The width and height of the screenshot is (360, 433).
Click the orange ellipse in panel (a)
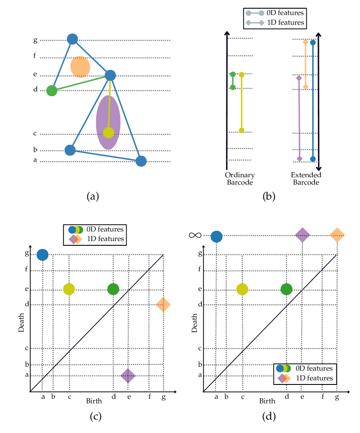[80, 67]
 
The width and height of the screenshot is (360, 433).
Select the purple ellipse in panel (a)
[108, 122]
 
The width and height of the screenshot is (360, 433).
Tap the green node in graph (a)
[52, 91]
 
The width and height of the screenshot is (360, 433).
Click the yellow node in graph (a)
[108, 133]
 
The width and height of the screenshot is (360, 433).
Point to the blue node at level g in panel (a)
[72, 39]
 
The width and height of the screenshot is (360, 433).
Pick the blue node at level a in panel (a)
[141, 161]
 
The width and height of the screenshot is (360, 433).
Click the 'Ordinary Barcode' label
[240, 179]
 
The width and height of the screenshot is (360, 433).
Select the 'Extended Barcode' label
[306, 179]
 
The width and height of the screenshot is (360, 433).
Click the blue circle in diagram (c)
[42, 255]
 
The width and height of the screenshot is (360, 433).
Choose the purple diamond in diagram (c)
[127, 375]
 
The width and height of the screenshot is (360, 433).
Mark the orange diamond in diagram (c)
[163, 305]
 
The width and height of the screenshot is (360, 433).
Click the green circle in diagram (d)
[286, 289]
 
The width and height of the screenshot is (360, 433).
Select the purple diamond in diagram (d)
[302, 235]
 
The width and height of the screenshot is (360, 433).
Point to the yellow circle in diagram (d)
[242, 289]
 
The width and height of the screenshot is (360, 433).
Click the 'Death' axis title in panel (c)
[21, 322]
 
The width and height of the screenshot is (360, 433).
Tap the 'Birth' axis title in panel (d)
[267, 401]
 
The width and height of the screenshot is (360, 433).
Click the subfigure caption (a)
[93, 196]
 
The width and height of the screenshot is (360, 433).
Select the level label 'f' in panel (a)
[35, 55]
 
